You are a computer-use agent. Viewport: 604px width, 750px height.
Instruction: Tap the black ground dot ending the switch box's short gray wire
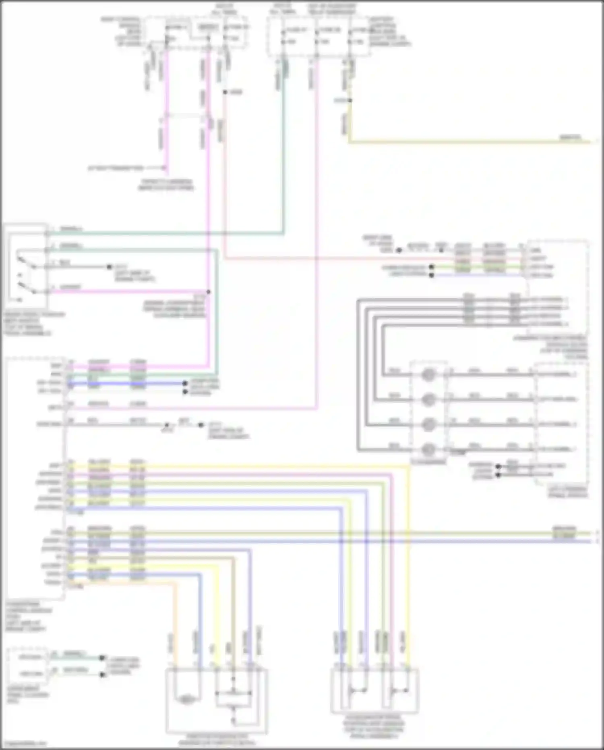point(109,267)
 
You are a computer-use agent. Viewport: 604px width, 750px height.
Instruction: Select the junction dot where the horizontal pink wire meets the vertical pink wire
point(208,291)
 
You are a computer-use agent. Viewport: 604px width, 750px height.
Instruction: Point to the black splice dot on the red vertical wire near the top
point(225,92)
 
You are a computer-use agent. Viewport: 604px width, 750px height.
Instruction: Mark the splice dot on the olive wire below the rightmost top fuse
point(349,100)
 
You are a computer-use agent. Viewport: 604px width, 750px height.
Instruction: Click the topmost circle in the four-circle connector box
point(428,374)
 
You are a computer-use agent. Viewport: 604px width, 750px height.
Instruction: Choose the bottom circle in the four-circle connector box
point(428,449)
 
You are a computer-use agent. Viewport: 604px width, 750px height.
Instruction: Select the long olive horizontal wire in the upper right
point(463,142)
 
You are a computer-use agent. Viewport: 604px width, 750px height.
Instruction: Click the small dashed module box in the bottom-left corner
point(27,665)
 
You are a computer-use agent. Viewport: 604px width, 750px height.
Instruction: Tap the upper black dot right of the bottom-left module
point(102,658)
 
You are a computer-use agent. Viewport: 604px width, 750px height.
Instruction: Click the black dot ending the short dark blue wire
point(185,383)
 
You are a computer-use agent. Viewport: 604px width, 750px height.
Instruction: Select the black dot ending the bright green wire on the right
point(431,267)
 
